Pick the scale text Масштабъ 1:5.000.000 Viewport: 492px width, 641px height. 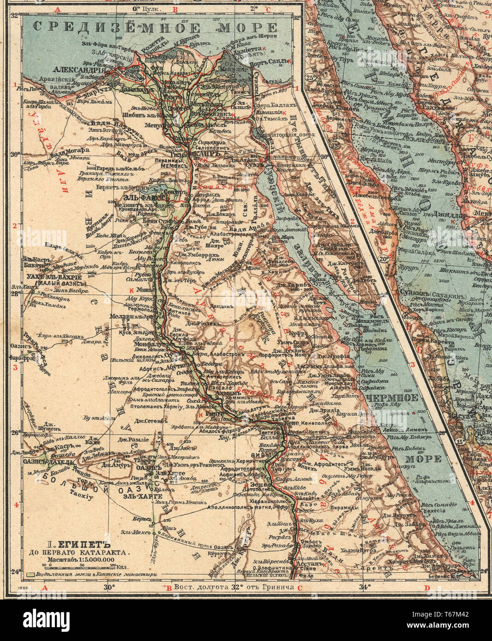point(78,559)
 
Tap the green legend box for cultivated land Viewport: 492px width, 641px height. point(32,575)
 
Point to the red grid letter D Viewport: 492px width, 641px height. point(427,588)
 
